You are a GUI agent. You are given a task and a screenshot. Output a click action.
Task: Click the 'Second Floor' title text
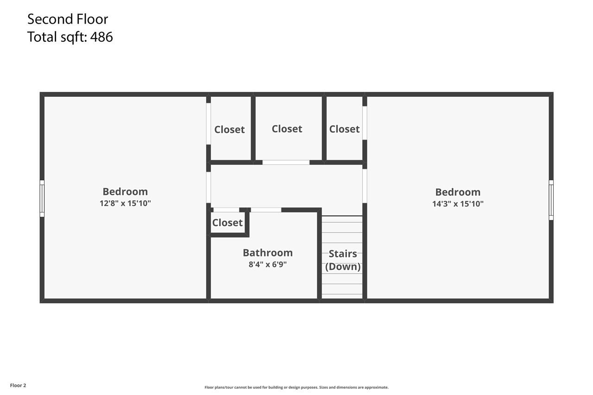[x=68, y=19]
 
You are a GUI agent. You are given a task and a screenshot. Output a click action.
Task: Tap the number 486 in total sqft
[x=101, y=37]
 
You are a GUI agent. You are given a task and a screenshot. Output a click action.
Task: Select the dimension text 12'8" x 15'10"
[x=125, y=203]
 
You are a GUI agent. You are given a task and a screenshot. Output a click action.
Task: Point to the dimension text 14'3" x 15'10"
[x=458, y=203]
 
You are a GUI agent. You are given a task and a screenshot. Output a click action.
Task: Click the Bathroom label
[x=268, y=253]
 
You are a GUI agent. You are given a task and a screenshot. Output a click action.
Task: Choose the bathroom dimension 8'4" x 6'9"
[x=268, y=264]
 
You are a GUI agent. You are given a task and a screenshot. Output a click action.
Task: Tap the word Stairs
[x=343, y=254]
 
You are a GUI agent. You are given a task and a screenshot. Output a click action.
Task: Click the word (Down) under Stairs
[x=343, y=266]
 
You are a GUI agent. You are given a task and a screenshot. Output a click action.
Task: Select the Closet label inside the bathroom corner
[x=227, y=223]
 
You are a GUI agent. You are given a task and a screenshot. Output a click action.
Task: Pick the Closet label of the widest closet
[x=287, y=129]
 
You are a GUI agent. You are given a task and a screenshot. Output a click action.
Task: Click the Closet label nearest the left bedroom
[x=229, y=130]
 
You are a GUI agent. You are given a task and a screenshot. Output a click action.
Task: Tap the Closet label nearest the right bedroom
[x=344, y=129]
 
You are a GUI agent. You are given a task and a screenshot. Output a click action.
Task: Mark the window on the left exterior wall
[x=42, y=198]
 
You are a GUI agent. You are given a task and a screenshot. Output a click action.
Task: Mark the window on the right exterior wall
[x=551, y=200]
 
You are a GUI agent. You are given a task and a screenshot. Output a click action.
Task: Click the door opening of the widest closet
[x=286, y=163]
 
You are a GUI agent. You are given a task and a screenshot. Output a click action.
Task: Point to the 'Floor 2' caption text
[x=18, y=385]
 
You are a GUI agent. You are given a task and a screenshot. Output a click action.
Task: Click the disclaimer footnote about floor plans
[x=296, y=387]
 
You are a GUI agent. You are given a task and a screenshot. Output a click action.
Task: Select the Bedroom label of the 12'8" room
[x=125, y=192]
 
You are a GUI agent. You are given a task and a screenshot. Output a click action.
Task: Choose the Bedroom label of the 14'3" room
[x=458, y=192]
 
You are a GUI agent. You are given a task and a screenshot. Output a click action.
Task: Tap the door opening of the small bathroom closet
[x=226, y=210]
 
